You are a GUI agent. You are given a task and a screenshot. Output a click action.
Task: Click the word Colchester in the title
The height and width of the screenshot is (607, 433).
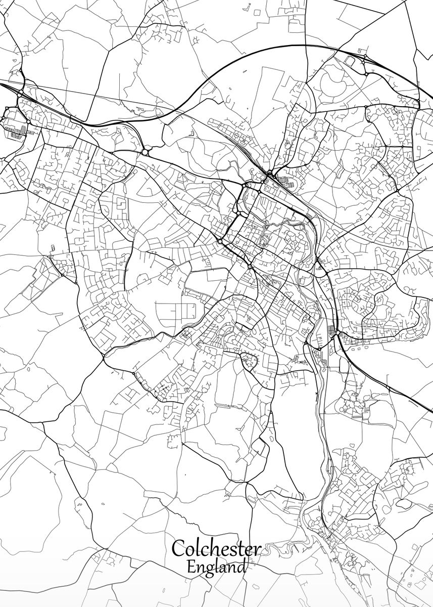pos(216,549)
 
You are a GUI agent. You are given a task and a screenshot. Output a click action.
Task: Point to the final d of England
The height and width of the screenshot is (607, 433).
pos(242,566)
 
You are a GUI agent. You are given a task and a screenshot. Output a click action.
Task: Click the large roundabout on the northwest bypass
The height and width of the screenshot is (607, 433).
pos(146,151)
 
